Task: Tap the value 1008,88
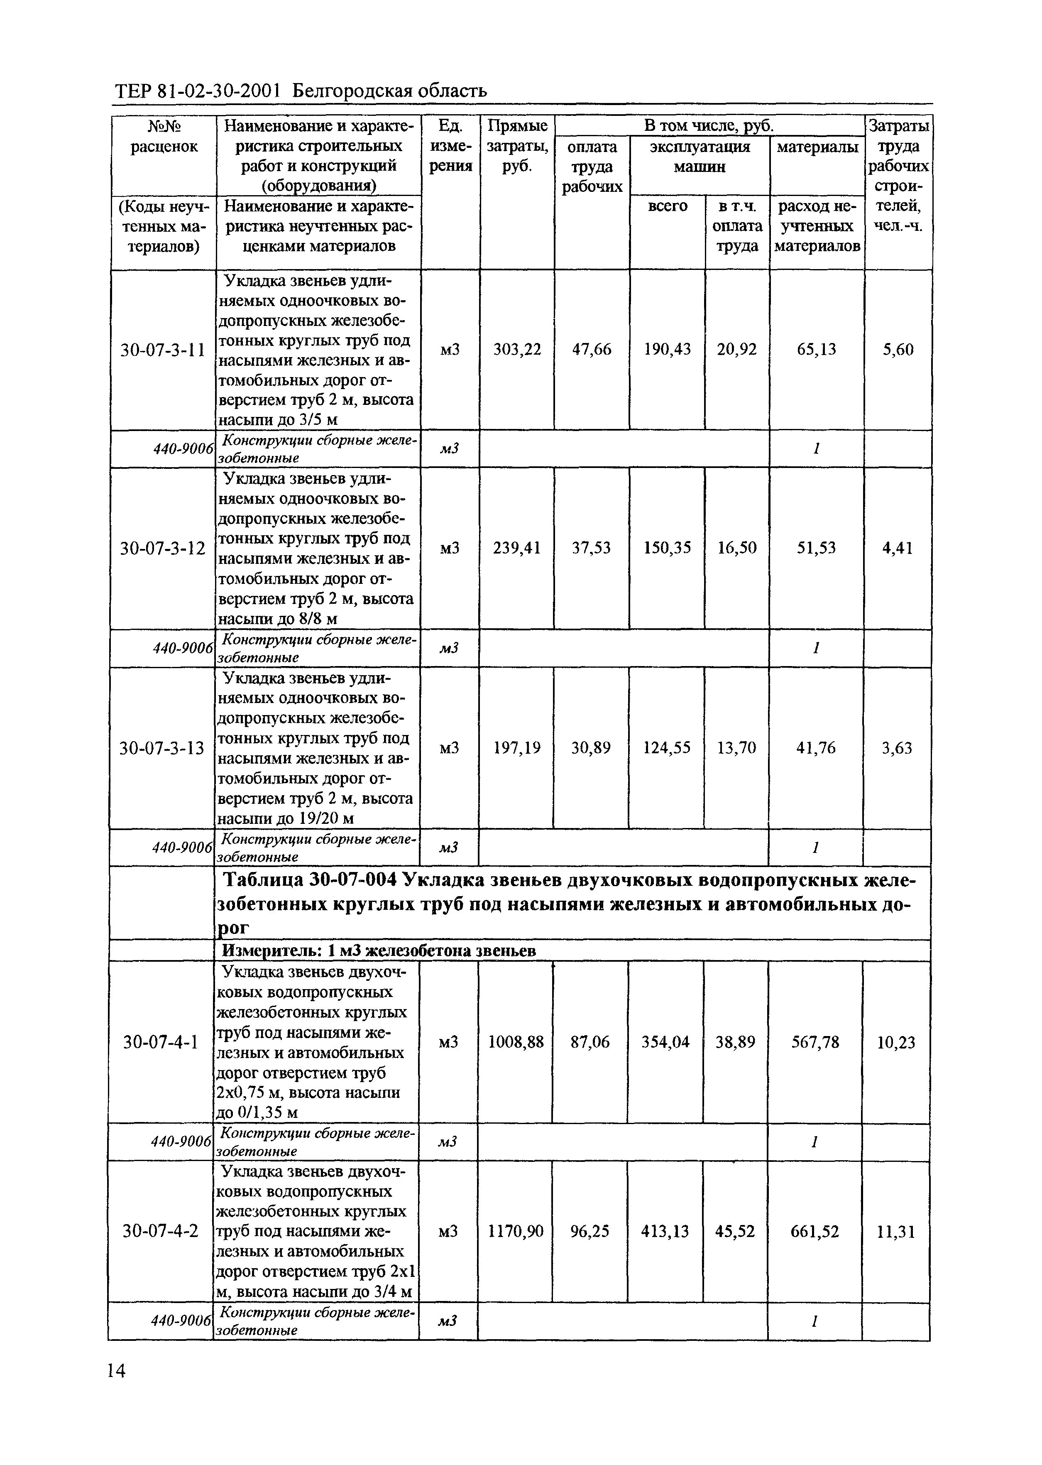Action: [516, 1043]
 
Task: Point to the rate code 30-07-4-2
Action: [160, 1231]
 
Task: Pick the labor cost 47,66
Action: [592, 350]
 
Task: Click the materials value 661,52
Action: [815, 1231]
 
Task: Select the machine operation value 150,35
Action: [667, 548]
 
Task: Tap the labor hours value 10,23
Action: [896, 1043]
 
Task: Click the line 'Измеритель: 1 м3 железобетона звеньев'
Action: [379, 951]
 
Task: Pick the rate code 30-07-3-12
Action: [163, 549]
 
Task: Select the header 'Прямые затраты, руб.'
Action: [517, 146]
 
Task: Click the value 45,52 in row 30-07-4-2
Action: [735, 1231]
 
